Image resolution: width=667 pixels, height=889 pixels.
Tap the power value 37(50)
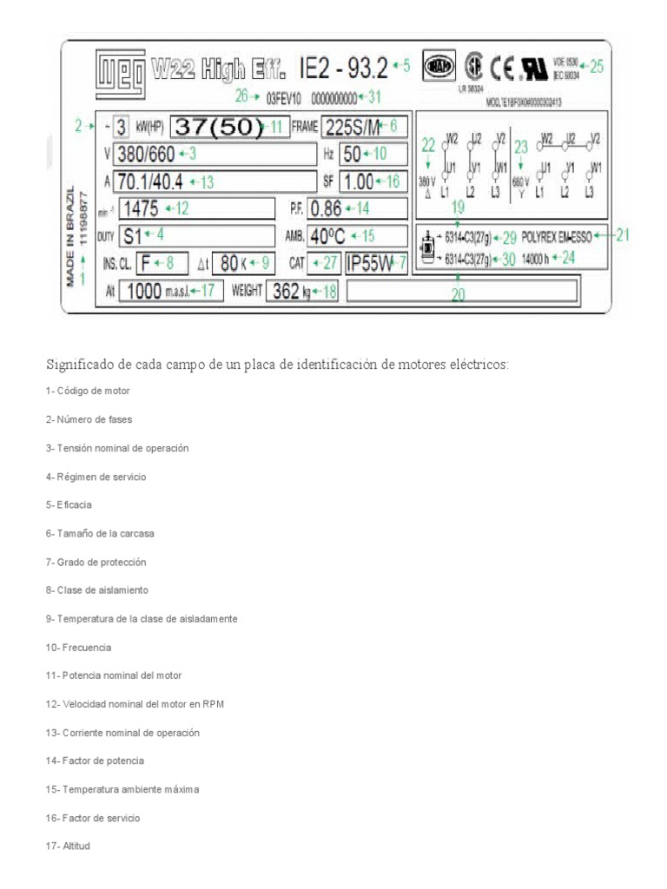pos(217,127)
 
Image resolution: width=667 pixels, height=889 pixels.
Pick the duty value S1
pos(132,235)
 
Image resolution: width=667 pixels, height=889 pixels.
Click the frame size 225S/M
pos(351,127)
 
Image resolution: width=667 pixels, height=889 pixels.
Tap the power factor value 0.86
pos(327,208)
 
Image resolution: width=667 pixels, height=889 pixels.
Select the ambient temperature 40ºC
pos(330,235)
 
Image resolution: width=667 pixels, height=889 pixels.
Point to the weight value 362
pos(287,291)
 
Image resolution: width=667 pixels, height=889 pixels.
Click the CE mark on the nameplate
pos(500,66)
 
